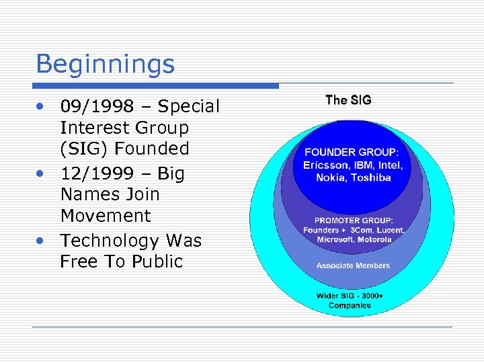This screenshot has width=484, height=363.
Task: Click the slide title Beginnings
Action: coord(105,65)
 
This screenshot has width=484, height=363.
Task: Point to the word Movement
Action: coord(106,216)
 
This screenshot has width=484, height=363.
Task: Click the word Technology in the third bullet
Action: coord(106,241)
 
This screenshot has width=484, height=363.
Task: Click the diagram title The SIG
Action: coord(348,100)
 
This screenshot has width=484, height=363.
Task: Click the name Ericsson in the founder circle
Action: coord(323,165)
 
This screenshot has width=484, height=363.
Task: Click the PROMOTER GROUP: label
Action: coord(353,219)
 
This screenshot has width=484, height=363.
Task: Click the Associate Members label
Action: coord(353,266)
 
